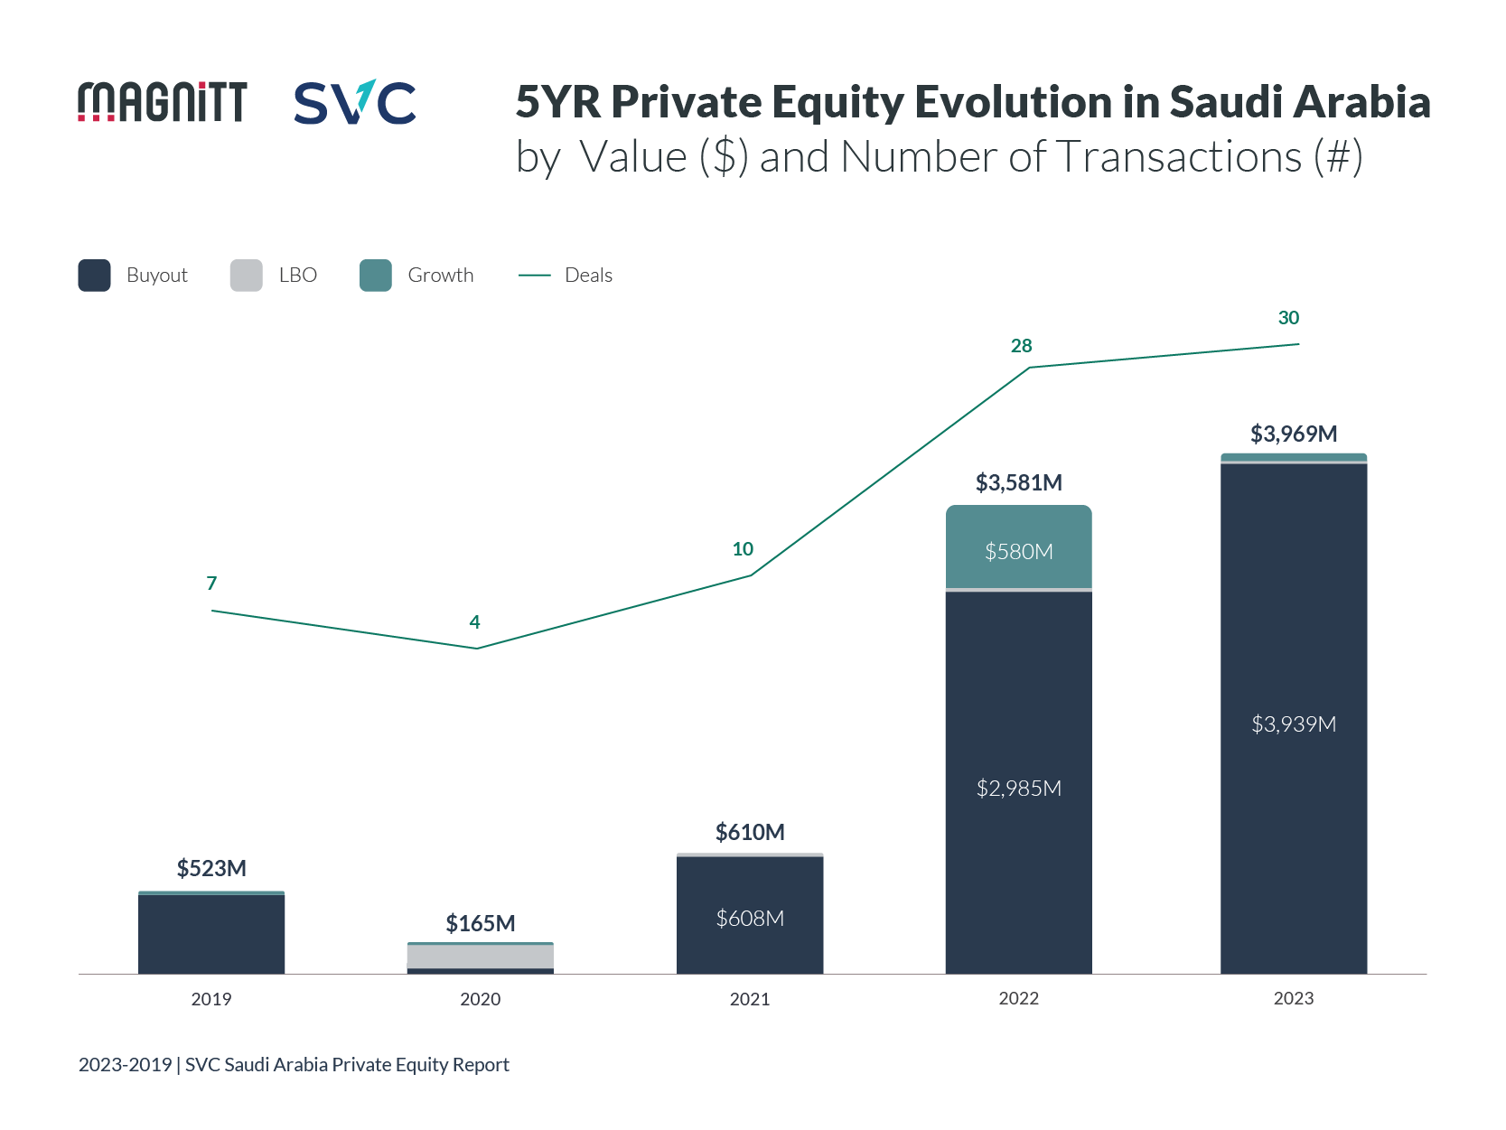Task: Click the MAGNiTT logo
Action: [x=162, y=102]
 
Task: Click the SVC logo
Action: [x=354, y=102]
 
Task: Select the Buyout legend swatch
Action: [x=94, y=275]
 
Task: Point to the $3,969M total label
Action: [x=1293, y=434]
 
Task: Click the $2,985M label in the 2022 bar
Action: [x=1018, y=789]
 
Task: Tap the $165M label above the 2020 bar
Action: [x=480, y=923]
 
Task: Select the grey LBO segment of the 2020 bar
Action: [x=480, y=957]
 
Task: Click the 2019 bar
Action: [x=211, y=933]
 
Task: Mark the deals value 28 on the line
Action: [x=1021, y=346]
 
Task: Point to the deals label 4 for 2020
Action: [x=474, y=622]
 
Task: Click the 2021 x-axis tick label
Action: [x=749, y=999]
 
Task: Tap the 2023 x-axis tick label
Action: [x=1293, y=999]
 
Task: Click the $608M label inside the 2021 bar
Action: [x=749, y=919]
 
